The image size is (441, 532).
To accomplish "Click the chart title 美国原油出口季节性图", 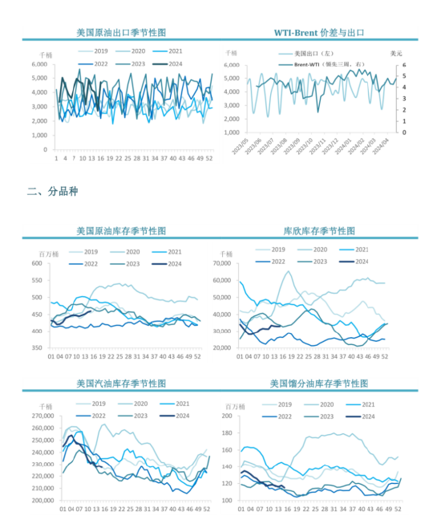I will coord(121,33).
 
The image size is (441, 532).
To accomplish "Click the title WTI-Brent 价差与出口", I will coord(320,33).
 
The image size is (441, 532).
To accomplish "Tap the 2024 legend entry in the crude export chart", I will coord(168,63).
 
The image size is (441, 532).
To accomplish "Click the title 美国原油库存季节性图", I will coord(121,229).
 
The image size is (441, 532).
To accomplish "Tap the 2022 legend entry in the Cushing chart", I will coord(272,262).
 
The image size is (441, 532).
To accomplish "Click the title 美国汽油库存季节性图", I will coord(121,384).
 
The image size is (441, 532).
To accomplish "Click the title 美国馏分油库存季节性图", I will coord(319,384).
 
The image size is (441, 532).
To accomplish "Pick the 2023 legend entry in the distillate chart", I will coord(315,416).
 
